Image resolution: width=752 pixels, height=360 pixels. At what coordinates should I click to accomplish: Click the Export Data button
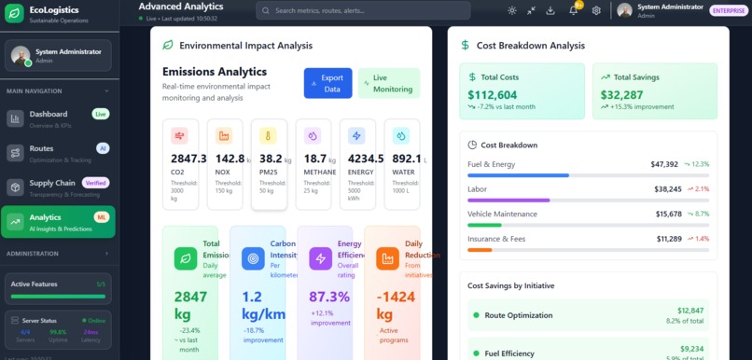coord(327,83)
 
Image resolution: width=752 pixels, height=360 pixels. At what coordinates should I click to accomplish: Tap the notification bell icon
coord(574,10)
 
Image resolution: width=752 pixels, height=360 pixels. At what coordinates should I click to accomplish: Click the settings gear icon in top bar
coord(596,10)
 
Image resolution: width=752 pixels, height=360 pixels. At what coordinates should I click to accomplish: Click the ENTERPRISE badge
coord(728,11)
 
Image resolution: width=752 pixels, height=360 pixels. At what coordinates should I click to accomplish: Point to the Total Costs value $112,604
coord(493,95)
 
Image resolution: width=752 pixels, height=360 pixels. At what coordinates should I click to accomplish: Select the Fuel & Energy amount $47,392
coord(664,164)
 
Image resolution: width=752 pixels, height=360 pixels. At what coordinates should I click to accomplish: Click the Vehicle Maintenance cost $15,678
coord(668,214)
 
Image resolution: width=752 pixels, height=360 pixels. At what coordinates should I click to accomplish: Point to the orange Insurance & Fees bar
coord(480,250)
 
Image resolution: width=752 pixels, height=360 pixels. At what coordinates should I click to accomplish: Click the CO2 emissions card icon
coord(179,136)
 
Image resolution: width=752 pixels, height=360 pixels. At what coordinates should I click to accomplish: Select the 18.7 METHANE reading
coord(315,159)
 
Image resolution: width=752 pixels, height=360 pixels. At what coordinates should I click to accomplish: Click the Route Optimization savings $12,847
coord(690,310)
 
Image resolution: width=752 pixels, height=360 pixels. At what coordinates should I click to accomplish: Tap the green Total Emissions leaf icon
coord(186,258)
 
